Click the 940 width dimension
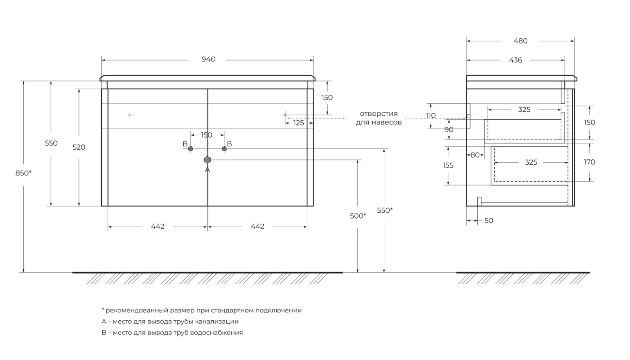pos(208,59)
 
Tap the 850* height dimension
pos(24,173)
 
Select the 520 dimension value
pos(79,147)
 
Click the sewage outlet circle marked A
pos(207,160)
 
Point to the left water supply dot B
pos(190,148)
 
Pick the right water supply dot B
pos(224,148)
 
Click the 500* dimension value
pos(358,216)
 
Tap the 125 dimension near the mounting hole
pos(299,123)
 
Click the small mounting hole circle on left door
pos(130,115)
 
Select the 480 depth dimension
pos(520,41)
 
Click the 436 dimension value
pos(516,60)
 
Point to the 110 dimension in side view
pos(431,116)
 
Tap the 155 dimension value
pos(448,165)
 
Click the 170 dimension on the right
pos(589,162)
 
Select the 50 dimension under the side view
pos(489,221)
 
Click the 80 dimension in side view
pos(475,155)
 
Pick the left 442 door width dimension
pos(157,226)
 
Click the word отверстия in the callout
pos(379,114)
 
